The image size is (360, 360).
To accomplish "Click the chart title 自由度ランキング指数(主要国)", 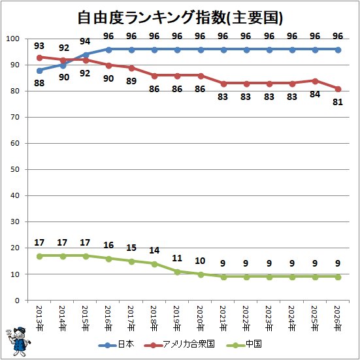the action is [x=180, y=18].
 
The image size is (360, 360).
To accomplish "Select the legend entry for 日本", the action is [x=116, y=344].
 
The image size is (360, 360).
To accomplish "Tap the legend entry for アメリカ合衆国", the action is [x=179, y=344].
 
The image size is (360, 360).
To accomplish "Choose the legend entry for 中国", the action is [x=244, y=344].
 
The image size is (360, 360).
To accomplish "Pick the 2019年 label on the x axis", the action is [x=177, y=318].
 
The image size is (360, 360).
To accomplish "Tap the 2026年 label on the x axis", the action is [x=338, y=318].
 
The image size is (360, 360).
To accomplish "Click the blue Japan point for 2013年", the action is [x=39, y=71].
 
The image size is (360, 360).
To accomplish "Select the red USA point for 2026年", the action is [x=338, y=89].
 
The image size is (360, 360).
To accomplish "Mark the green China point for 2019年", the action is [x=177, y=272].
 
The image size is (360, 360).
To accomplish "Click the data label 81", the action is [x=338, y=102].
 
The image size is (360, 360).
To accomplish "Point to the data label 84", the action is [x=315, y=94].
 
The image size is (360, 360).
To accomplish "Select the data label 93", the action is [x=39, y=46].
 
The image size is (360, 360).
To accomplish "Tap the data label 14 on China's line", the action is [x=154, y=250].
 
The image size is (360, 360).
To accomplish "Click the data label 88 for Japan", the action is [x=39, y=83].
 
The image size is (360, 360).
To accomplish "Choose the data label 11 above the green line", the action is [x=177, y=258].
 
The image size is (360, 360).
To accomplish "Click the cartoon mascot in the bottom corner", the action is [x=18, y=342].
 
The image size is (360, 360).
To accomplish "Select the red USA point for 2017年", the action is [x=131, y=68].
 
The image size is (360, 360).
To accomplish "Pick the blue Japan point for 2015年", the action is [x=86, y=55].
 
